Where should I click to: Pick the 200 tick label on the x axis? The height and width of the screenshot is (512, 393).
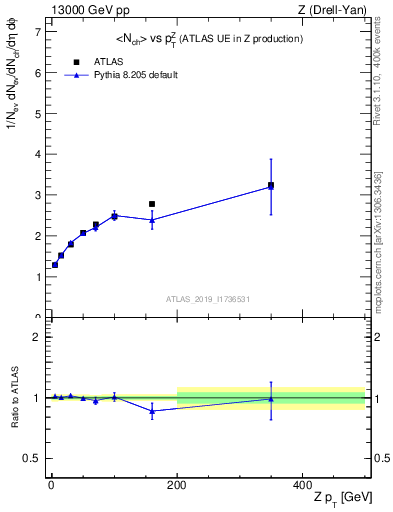[177, 483]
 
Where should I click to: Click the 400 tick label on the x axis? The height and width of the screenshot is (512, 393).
[303, 483]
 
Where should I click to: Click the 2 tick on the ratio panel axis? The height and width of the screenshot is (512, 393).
[36, 337]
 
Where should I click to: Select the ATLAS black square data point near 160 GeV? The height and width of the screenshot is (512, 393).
[152, 204]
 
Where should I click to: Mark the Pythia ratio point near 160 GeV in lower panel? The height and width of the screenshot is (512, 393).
[152, 411]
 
